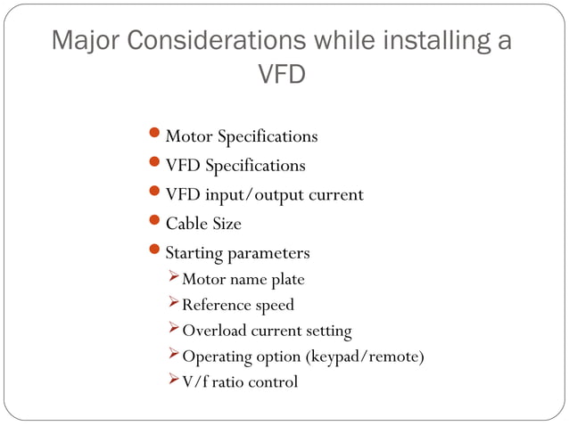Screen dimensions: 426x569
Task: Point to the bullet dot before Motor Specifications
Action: (x=153, y=135)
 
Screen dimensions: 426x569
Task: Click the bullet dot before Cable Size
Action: (x=153, y=221)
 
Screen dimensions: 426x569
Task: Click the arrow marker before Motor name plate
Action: (x=173, y=279)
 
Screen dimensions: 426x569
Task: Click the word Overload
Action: (x=214, y=331)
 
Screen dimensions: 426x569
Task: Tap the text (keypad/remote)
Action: (x=365, y=357)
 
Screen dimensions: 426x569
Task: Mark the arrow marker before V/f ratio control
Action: (x=173, y=381)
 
